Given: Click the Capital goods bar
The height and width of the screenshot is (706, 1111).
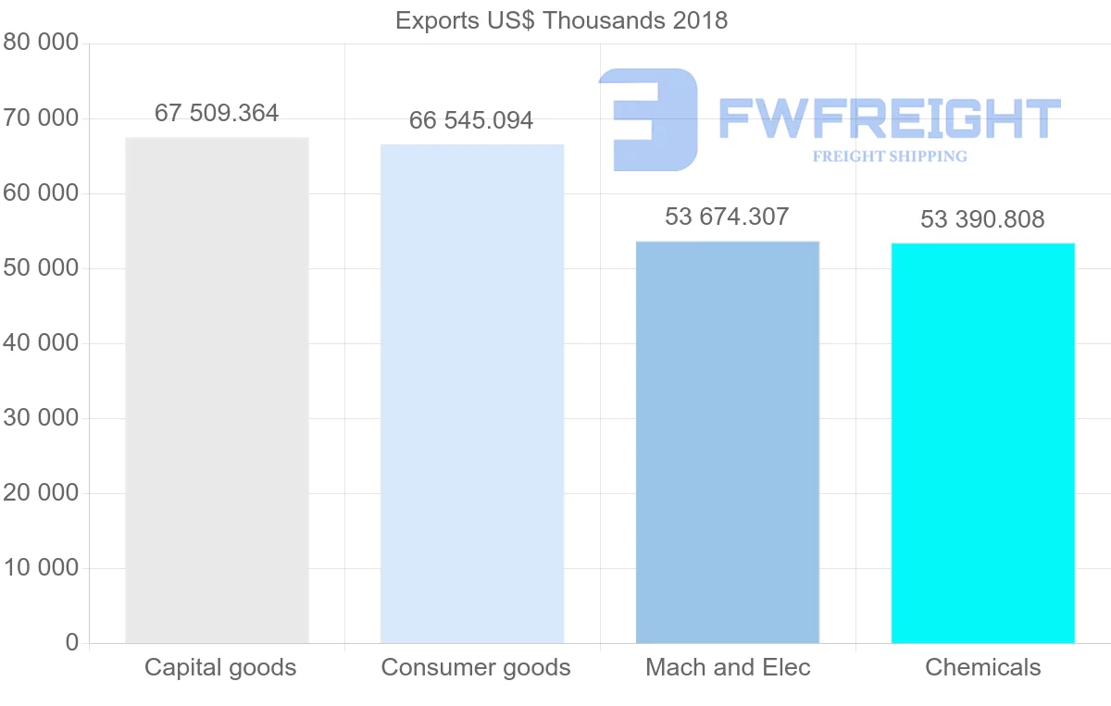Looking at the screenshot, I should (217, 390).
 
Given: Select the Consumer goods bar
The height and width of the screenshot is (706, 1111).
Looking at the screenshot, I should (472, 393).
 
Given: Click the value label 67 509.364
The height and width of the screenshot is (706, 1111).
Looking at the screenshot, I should (217, 113).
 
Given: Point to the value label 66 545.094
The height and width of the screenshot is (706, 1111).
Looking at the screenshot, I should (471, 120).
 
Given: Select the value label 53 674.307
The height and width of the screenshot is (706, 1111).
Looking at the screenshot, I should (727, 217).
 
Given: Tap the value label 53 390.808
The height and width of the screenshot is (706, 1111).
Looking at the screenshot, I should (982, 219).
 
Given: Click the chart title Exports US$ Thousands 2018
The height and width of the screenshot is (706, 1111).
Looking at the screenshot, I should (561, 20).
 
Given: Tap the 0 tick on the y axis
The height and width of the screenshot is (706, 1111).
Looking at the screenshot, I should (72, 643).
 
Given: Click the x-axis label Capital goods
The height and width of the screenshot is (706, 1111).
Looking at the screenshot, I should (220, 667).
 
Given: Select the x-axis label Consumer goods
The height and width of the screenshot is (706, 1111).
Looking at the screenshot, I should (476, 667).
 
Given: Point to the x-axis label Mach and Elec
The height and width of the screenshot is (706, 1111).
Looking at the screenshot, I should (728, 667).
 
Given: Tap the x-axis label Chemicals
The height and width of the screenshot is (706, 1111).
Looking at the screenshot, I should (983, 667).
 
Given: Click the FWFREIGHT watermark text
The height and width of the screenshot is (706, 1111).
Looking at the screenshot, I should (889, 118).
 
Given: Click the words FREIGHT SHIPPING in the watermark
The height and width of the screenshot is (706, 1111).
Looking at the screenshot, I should (890, 156).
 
